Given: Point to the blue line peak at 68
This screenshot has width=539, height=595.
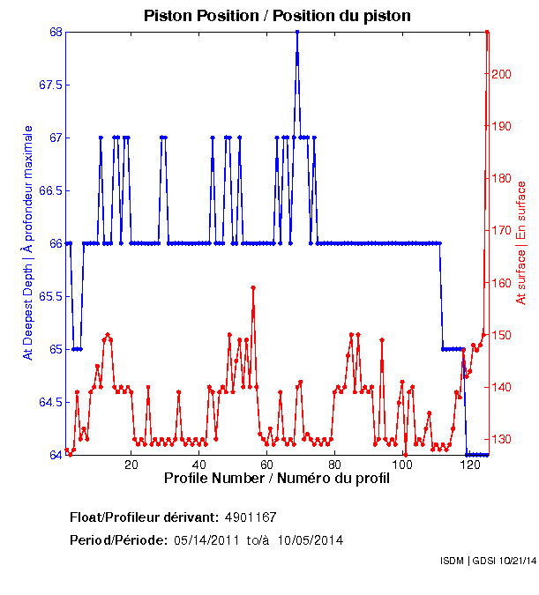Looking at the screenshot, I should (297, 32).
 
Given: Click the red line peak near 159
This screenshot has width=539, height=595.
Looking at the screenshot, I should (253, 287).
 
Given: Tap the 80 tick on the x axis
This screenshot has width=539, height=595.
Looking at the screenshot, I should (334, 465).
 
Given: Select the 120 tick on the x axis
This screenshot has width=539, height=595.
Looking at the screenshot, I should (470, 465).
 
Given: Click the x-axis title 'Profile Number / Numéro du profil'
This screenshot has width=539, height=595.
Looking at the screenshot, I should (277, 480).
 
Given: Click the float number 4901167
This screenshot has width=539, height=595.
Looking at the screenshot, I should (251, 517).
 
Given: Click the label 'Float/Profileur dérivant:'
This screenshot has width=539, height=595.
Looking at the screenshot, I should (144, 517).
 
